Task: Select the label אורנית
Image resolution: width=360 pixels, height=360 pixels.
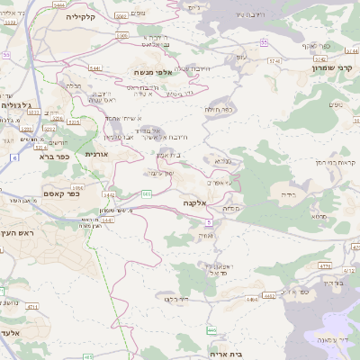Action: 96,155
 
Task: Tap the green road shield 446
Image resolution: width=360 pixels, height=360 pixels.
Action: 211,330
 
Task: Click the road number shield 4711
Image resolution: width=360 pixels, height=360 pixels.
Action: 33,308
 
